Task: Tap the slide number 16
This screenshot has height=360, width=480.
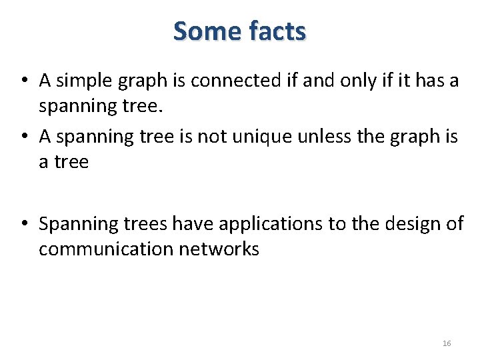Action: pyautogui.click(x=447, y=343)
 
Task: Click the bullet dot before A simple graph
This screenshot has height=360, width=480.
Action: pyautogui.click(x=23, y=81)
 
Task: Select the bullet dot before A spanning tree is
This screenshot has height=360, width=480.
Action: pyautogui.click(x=23, y=137)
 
